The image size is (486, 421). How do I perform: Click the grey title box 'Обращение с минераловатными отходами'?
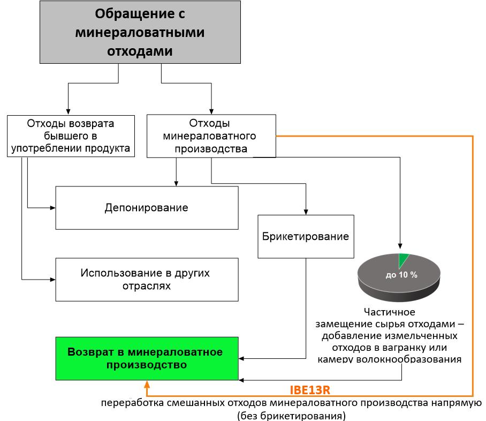tap(140, 32)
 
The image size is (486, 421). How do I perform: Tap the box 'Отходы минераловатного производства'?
tap(211, 136)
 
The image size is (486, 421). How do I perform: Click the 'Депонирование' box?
tap(147, 208)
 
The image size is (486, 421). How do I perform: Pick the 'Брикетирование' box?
tap(306, 236)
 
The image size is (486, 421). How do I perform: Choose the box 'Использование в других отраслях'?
tap(147, 279)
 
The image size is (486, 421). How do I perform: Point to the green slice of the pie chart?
tap(404, 260)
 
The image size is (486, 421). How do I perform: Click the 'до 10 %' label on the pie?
tap(401, 275)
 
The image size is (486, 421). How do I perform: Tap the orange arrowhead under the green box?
tap(147, 385)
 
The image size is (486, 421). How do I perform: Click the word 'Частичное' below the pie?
tap(389, 312)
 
